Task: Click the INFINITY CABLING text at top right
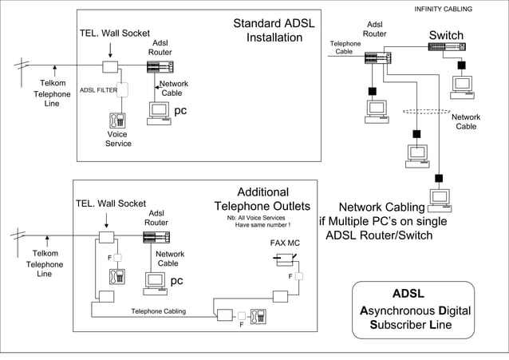(443, 9)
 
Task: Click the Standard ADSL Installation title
(274, 31)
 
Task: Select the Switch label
(446, 35)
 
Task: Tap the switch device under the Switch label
(447, 47)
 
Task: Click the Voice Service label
(118, 140)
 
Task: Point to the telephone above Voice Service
(117, 120)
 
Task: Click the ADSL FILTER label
(98, 91)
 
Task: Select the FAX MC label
(285, 243)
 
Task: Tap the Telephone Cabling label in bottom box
(159, 311)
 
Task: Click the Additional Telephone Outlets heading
(262, 200)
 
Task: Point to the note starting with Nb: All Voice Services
(256, 221)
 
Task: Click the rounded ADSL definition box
(413, 309)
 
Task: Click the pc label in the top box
(180, 111)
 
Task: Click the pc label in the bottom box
(177, 281)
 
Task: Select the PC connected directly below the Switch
(461, 84)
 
